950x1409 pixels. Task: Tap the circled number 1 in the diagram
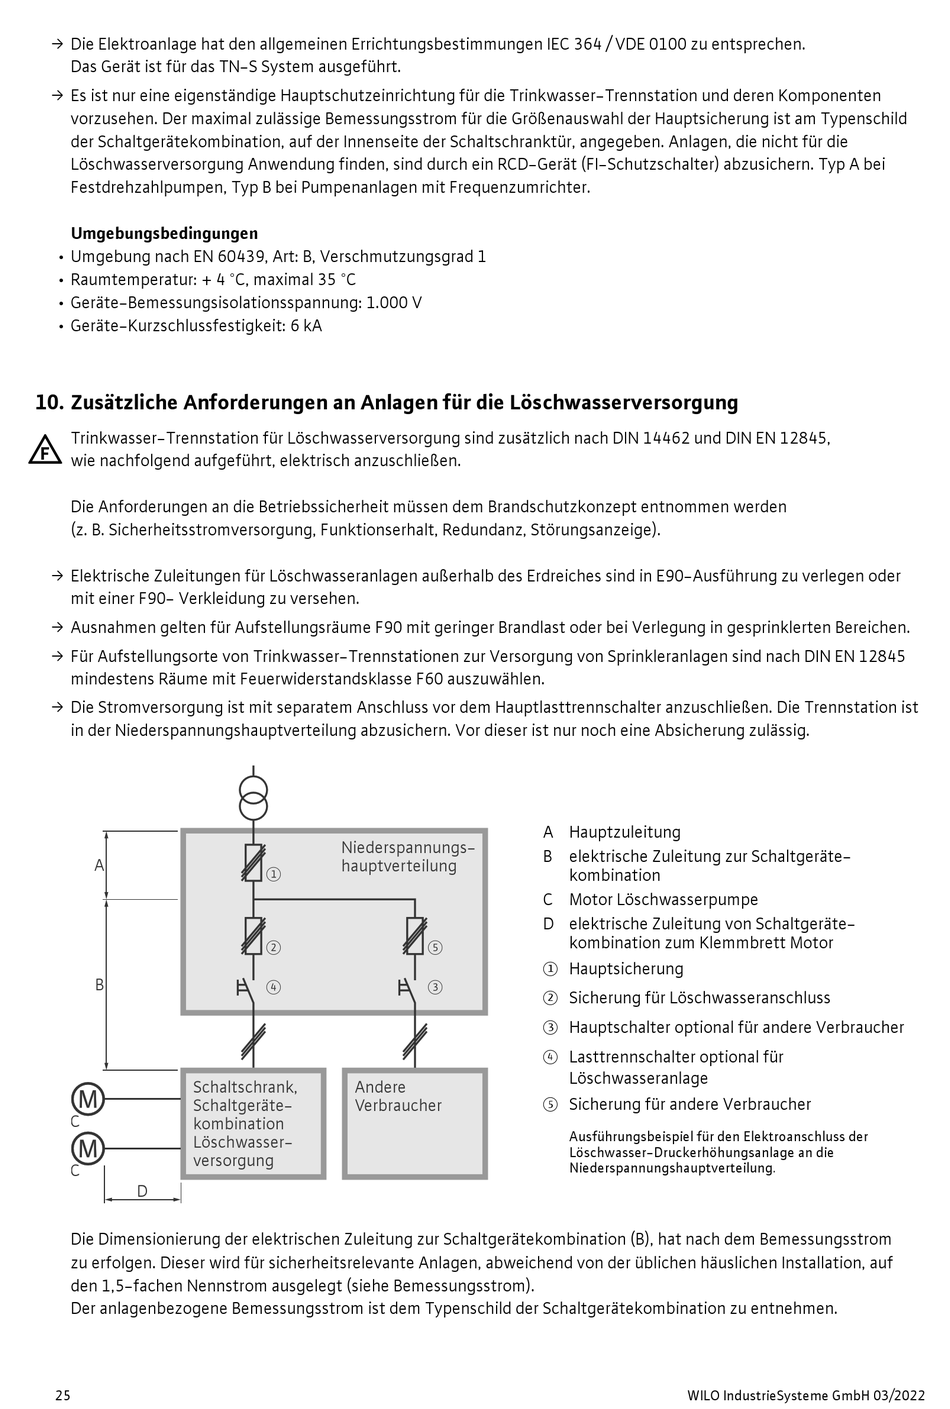click(274, 874)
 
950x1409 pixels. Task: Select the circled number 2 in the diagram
click(274, 947)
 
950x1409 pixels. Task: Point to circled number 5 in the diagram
click(435, 947)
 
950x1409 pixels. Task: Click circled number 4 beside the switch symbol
click(274, 987)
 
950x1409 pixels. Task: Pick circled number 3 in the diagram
click(435, 987)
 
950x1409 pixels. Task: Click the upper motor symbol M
click(88, 1100)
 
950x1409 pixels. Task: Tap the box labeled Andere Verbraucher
click(414, 1122)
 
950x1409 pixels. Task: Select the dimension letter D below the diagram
click(142, 1191)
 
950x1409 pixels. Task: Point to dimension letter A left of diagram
click(99, 865)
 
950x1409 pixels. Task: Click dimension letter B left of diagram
click(99, 985)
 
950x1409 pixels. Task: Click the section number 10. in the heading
click(49, 403)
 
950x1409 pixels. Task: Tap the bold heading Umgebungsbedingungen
click(164, 233)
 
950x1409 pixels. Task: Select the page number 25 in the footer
click(62, 1395)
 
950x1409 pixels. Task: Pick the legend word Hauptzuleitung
click(624, 832)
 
